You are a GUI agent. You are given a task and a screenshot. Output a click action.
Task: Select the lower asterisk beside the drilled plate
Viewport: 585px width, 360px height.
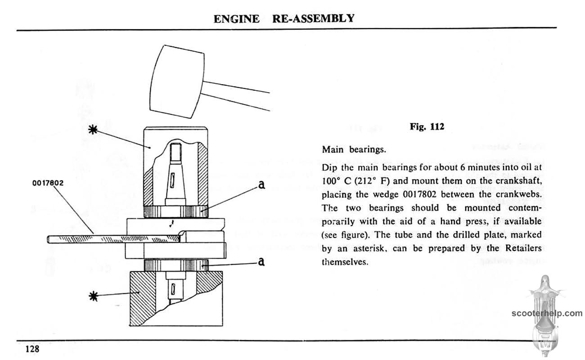pos(93,296)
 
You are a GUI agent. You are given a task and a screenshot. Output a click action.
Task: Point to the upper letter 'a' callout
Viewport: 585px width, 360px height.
pos(260,185)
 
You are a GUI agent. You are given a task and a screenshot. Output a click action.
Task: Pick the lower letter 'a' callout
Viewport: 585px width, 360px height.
pos(260,261)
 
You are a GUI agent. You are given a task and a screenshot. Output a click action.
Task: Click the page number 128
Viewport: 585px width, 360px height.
pos(32,349)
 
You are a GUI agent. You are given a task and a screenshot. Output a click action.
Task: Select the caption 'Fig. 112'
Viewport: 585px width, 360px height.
pos(427,127)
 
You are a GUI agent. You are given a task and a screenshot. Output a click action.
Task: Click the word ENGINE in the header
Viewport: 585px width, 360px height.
pos(236,19)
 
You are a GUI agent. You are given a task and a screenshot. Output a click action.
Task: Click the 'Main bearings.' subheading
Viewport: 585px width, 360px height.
pos(351,149)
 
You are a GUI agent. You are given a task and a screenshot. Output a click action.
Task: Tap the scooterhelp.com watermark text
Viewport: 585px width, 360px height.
pos(546,314)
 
